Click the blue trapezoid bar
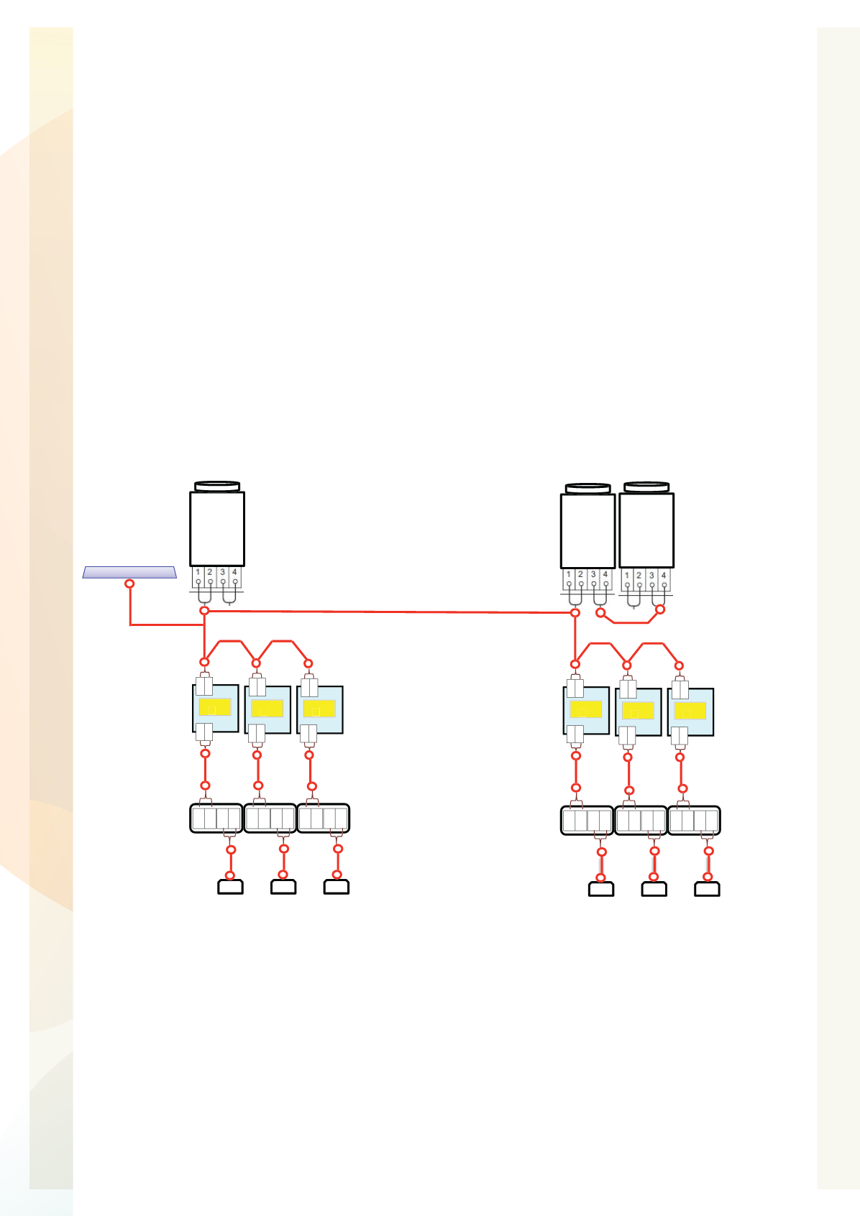[x=129, y=573]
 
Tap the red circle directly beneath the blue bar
[x=129, y=584]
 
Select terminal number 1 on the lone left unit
[x=198, y=572]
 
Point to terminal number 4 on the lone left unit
[x=234, y=572]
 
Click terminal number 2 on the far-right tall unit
[x=639, y=575]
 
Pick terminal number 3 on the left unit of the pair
[x=593, y=574]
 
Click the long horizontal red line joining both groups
[x=390, y=612]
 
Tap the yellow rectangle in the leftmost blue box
[x=215, y=706]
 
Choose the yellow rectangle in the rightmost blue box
[x=690, y=711]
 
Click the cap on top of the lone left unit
[x=217, y=486]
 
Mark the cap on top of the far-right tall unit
[x=646, y=487]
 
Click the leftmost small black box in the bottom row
[x=230, y=886]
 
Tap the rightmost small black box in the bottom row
[x=708, y=889]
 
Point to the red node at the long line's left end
[x=204, y=611]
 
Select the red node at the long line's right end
[x=575, y=613]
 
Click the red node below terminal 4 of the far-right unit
[x=660, y=609]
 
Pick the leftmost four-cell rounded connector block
[x=216, y=818]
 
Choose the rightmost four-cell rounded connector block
[x=694, y=820]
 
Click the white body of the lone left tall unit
[x=217, y=529]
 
